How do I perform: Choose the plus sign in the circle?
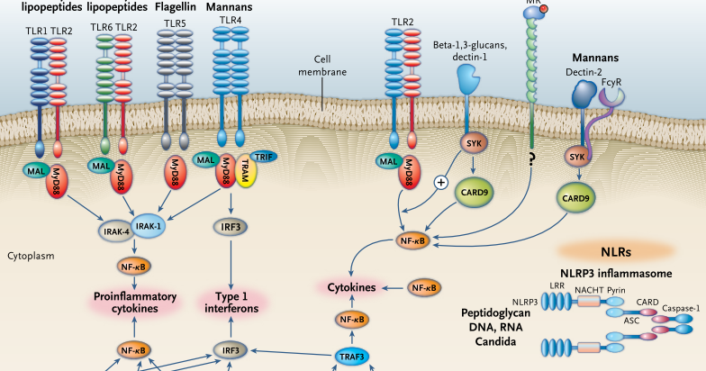441,182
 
